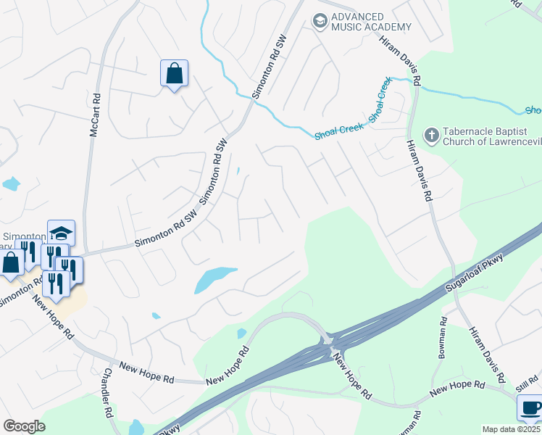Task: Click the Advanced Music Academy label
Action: tap(371, 21)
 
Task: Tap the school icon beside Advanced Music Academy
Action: tap(320, 22)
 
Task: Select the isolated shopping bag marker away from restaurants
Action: tap(174, 74)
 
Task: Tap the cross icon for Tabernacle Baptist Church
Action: tap(430, 135)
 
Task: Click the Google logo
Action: tap(24, 426)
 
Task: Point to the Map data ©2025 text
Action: tap(511, 429)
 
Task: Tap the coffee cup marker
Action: tap(530, 408)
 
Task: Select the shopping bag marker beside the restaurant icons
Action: tap(11, 262)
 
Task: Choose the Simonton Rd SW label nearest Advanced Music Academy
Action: tap(270, 65)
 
